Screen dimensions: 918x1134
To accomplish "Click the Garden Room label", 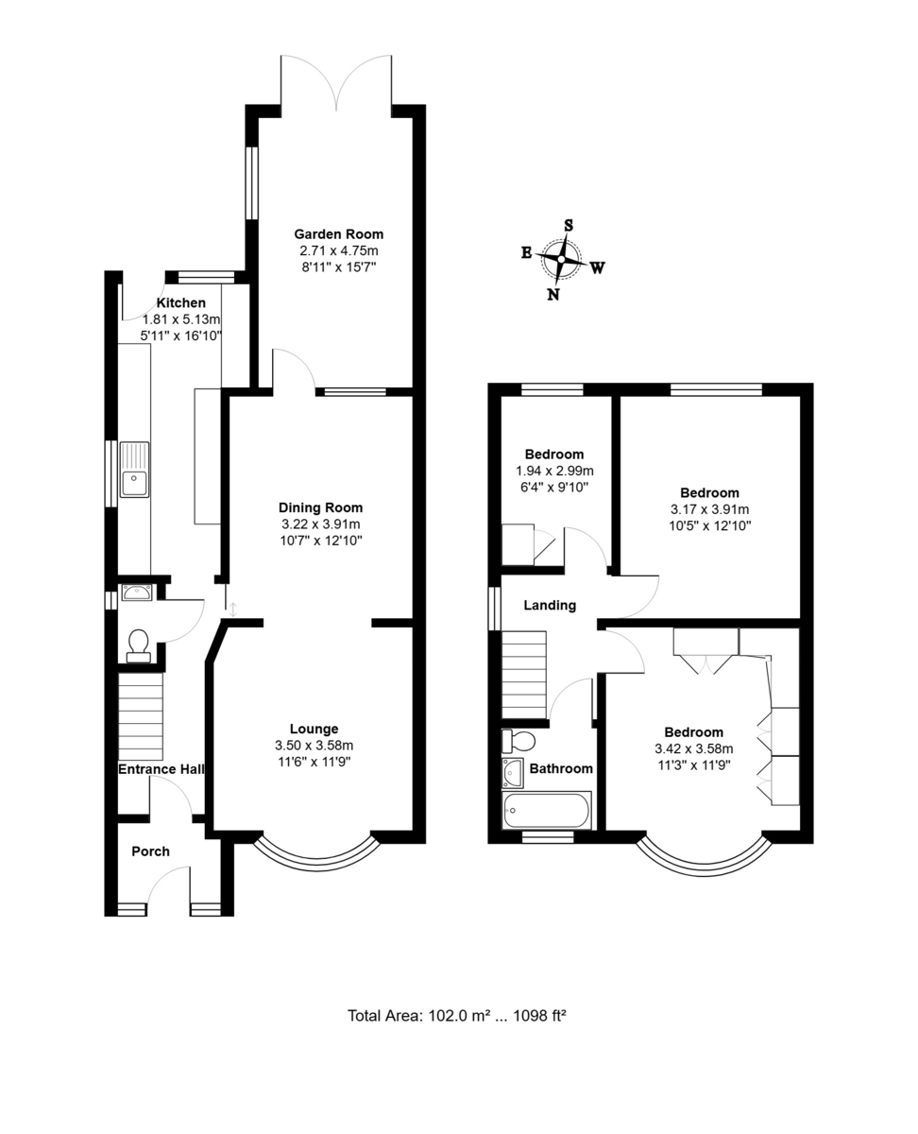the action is click(338, 234).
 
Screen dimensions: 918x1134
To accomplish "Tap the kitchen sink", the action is click(134, 470).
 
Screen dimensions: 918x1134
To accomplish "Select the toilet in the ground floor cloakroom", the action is click(139, 645).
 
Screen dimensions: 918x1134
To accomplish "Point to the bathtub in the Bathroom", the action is click(547, 810).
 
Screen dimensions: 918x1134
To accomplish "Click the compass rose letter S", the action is click(569, 225).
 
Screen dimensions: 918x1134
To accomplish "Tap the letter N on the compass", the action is click(553, 295).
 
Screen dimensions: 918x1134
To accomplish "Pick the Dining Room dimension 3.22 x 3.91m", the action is click(321, 524).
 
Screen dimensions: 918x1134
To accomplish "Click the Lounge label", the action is click(314, 729).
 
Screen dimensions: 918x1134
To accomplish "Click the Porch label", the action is click(150, 851).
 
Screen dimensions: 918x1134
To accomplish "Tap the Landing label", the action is click(550, 606).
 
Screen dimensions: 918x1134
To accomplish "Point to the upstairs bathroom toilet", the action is click(518, 741).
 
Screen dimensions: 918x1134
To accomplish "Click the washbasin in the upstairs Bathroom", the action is click(513, 773).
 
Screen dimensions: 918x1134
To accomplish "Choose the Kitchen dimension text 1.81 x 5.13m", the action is click(181, 319).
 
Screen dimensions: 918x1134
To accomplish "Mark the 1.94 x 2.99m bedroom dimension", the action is click(554, 471).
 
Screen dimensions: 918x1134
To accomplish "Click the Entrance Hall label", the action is click(161, 769).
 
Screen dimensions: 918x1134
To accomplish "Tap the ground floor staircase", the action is click(141, 716).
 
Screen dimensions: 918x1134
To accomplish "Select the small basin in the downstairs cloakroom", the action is click(137, 593).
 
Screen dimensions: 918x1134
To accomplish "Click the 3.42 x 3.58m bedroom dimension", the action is click(694, 748).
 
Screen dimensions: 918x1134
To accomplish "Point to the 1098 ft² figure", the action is click(539, 1016).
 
